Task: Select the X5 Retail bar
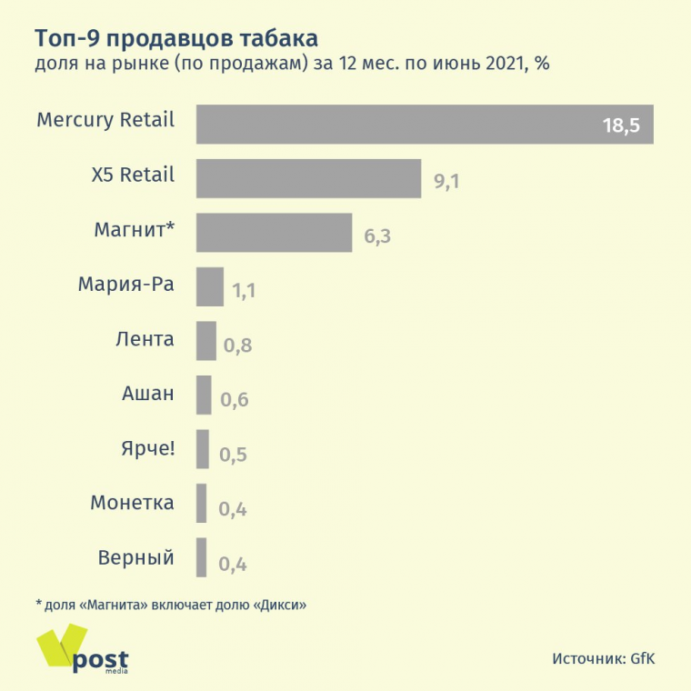coord(308,178)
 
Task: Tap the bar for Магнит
coord(274,233)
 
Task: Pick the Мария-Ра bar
coord(210,287)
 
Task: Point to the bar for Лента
coord(206,341)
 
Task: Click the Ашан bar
coord(204,396)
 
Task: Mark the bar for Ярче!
coord(203,449)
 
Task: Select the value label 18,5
coord(622,125)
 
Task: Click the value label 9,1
coord(446,181)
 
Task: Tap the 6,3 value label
coord(377,235)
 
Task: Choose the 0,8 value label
coord(237,345)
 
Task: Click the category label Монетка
coord(132,502)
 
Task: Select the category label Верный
coord(135,556)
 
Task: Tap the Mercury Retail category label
coord(105,120)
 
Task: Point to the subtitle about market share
coord(292,65)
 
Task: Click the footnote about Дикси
coord(170,605)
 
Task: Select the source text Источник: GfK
coord(603,658)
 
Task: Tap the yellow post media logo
coord(82,652)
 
